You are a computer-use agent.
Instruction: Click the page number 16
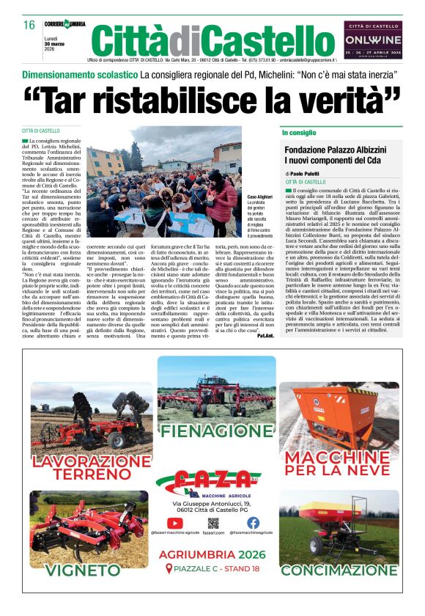point(30,25)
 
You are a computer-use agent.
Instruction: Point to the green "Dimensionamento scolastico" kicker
point(80,75)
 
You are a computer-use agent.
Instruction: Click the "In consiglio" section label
point(299,133)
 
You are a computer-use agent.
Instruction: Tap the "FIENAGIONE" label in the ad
point(212,430)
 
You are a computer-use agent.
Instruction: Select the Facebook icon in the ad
point(253,523)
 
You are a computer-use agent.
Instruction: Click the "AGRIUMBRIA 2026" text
point(212,554)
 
